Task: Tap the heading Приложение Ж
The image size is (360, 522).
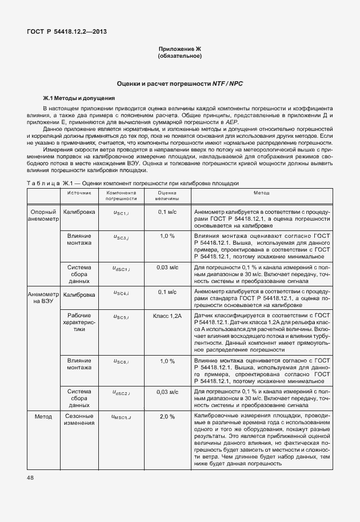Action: [x=179, y=50]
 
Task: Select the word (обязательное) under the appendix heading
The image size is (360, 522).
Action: [x=179, y=57]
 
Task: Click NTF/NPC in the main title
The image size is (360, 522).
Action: [x=229, y=83]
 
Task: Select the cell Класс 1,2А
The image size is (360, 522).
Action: [x=167, y=316]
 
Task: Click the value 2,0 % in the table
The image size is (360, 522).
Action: [x=167, y=417]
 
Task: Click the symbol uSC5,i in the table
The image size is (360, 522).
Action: [x=121, y=316]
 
